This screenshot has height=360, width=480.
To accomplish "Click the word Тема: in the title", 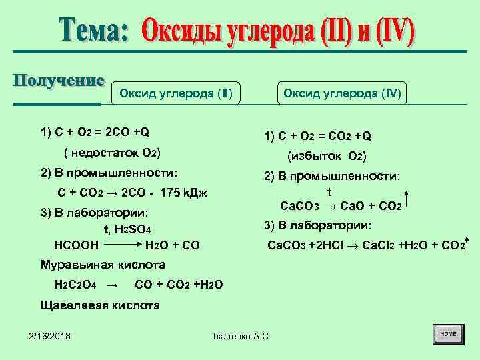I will click(x=93, y=30).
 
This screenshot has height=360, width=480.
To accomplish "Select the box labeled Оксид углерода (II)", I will click(x=175, y=93).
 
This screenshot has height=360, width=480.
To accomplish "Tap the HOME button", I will click(x=448, y=333).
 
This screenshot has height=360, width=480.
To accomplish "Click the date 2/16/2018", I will click(x=50, y=335).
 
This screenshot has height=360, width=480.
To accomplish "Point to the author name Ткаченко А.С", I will click(x=239, y=335).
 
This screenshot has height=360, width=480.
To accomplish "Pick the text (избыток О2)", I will click(x=327, y=157).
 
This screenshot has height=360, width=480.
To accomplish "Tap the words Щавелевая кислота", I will click(x=100, y=305).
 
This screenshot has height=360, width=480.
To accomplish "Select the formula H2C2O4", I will click(x=75, y=285).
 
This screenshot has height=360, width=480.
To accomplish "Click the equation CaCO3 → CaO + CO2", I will click(x=340, y=206).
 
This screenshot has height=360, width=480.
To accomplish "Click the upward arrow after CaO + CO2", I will click(x=407, y=200).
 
